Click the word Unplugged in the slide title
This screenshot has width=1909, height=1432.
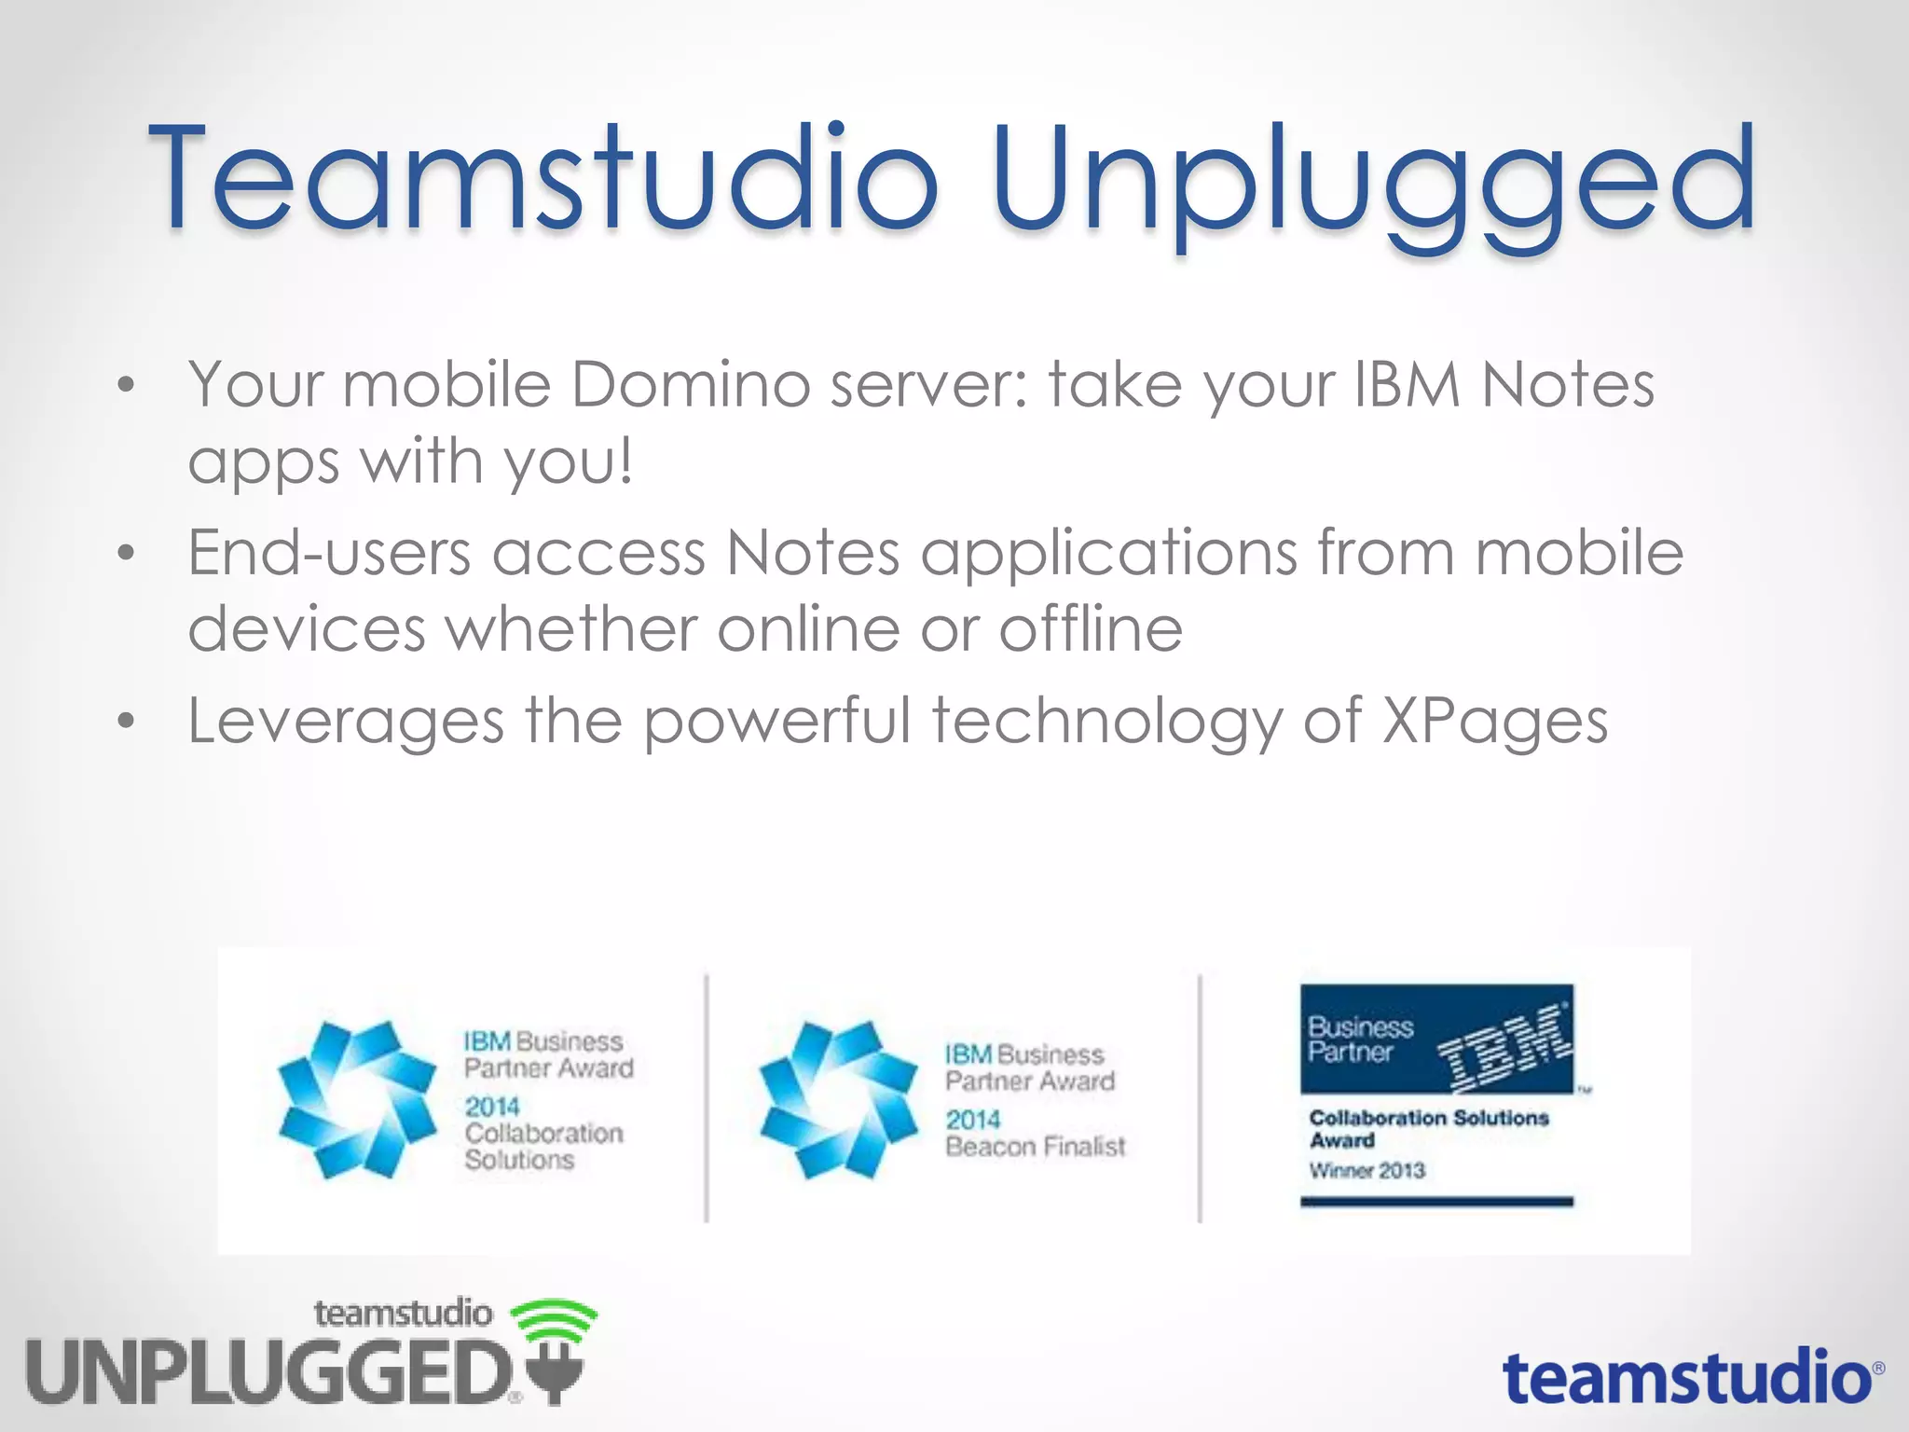pyautogui.click(x=1372, y=182)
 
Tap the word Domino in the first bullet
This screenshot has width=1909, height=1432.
pyautogui.click(x=690, y=384)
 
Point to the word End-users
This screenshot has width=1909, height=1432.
pyautogui.click(x=329, y=553)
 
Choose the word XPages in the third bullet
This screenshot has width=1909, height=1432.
pyautogui.click(x=1494, y=723)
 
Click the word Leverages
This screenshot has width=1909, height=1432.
pyautogui.click(x=346, y=723)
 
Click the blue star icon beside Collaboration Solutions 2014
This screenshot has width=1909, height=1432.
pyautogui.click(x=357, y=1100)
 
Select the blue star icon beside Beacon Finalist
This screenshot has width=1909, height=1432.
pyautogui.click(x=838, y=1100)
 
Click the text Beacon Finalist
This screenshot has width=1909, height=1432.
pyautogui.click(x=1035, y=1146)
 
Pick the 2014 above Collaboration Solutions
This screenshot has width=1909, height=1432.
pyautogui.click(x=492, y=1107)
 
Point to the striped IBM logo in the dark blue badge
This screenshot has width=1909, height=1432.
pyautogui.click(x=1505, y=1046)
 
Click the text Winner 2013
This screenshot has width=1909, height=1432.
pyautogui.click(x=1367, y=1170)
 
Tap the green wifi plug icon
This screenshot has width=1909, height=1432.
pyautogui.click(x=554, y=1347)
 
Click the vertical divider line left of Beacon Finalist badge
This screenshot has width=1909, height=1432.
pyautogui.click(x=707, y=1098)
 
